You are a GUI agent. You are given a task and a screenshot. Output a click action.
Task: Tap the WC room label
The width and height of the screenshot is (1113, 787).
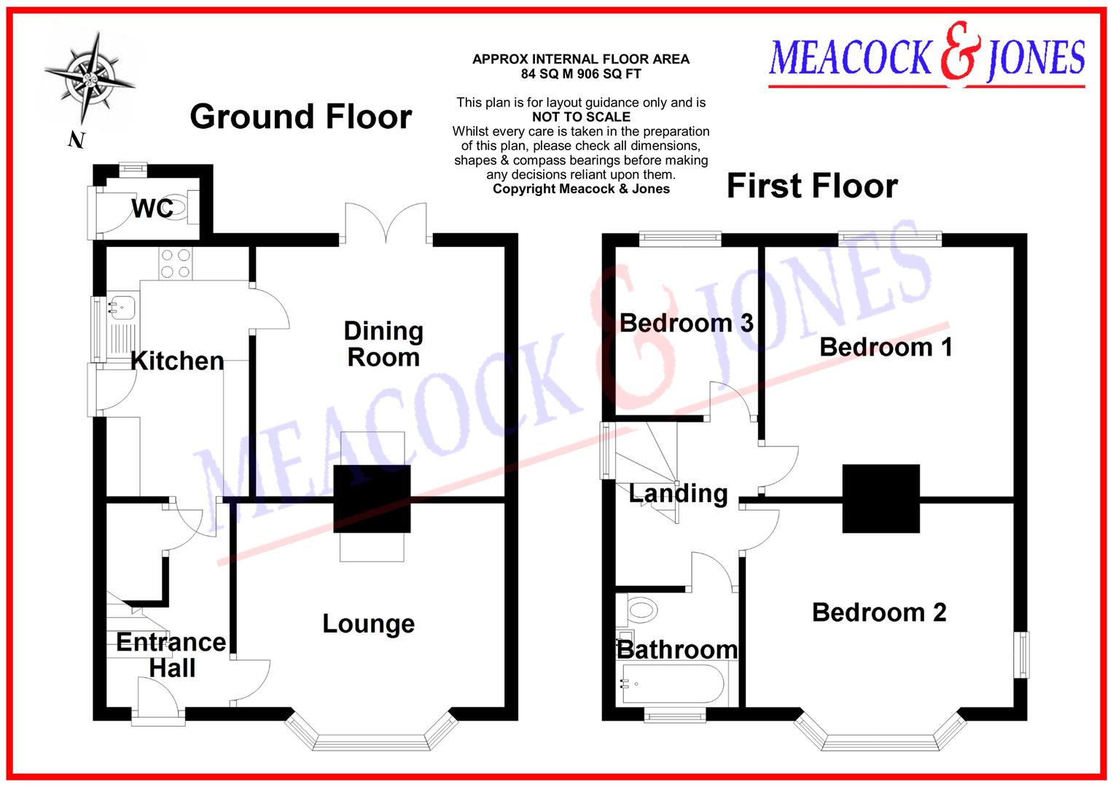(x=152, y=208)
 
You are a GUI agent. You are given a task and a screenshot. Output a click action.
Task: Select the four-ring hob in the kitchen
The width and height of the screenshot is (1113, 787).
(x=176, y=264)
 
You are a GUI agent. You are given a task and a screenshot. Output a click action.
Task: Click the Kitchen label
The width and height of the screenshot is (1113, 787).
(x=177, y=361)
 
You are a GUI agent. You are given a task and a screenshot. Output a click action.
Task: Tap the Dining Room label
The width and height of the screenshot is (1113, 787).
(x=383, y=344)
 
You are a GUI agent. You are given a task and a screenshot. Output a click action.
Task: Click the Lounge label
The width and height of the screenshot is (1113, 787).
(x=368, y=624)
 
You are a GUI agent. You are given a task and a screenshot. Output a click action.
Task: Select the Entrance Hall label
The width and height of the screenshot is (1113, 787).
(x=172, y=654)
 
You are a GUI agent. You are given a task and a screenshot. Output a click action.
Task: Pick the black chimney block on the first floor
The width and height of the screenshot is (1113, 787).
(x=880, y=498)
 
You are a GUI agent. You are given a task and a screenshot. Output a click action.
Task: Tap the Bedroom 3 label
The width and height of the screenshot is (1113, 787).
(x=686, y=323)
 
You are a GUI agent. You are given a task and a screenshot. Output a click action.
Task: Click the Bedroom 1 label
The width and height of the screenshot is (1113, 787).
(x=886, y=347)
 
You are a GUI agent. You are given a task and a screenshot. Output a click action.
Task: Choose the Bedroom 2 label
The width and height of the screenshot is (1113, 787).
(x=879, y=612)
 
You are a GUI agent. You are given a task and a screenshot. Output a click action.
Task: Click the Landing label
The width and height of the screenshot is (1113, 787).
(x=678, y=493)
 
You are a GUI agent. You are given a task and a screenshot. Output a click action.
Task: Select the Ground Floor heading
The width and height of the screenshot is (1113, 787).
(x=301, y=117)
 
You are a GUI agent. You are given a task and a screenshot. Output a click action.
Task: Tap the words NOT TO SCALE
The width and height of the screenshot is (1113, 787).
(x=581, y=117)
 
